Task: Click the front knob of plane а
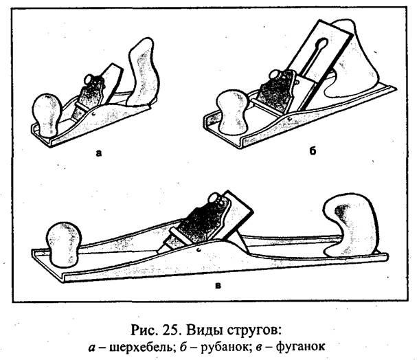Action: pyautogui.click(x=47, y=115)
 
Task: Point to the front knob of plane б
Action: pyautogui.click(x=233, y=112)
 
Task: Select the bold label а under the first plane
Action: pyautogui.click(x=99, y=153)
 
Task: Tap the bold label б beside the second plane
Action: pyautogui.click(x=313, y=150)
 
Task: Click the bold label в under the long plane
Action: pyautogui.click(x=218, y=286)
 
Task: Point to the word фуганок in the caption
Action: pyautogui.click(x=300, y=347)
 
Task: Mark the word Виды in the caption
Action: pyautogui.click(x=203, y=330)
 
